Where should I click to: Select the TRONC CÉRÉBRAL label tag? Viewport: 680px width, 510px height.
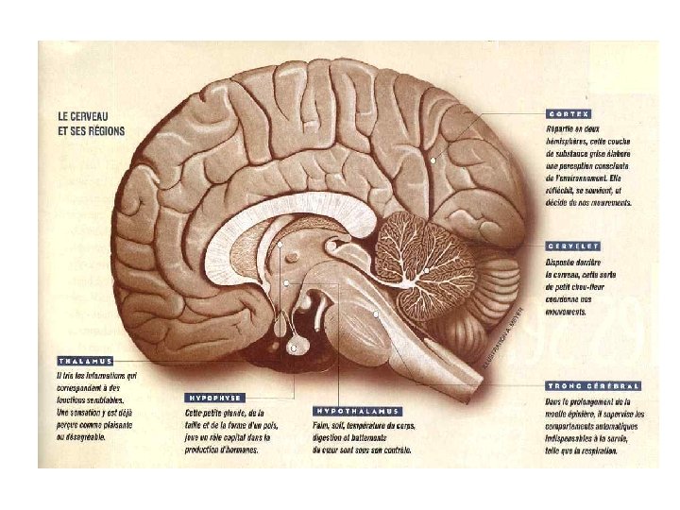point(592,385)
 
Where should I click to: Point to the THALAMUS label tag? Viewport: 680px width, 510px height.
point(85,361)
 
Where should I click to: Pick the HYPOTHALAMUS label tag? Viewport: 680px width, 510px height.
point(357,411)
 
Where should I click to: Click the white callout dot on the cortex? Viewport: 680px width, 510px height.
point(433,161)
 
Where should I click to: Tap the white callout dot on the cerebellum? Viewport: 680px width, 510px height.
point(427,271)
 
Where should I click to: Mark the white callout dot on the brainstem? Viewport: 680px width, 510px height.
point(376,314)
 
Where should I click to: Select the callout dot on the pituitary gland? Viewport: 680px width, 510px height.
point(293,348)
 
